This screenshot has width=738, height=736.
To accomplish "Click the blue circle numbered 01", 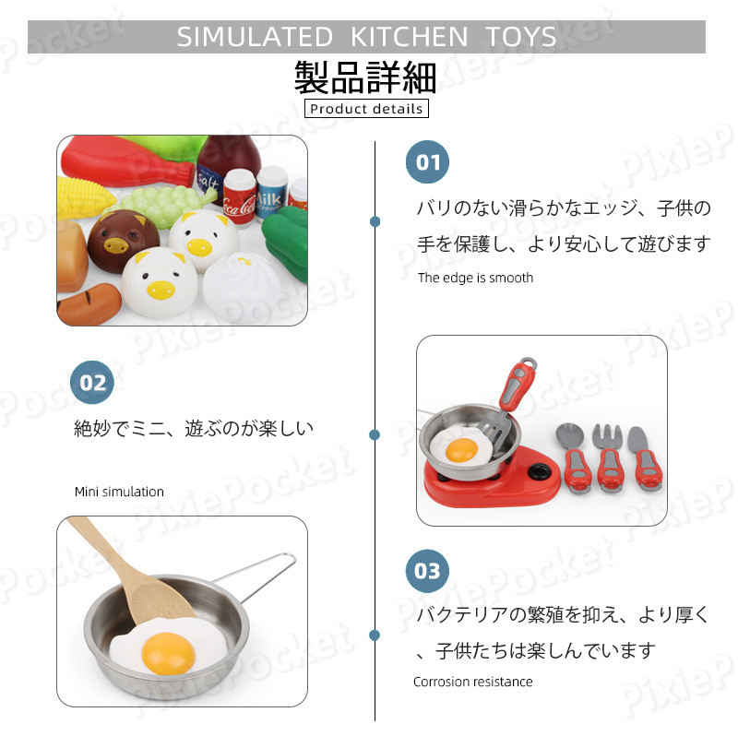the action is [427, 162].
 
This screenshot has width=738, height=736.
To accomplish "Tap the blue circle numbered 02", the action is [92, 382].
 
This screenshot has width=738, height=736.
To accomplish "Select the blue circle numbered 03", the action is [427, 571].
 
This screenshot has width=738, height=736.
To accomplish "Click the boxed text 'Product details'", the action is [366, 109].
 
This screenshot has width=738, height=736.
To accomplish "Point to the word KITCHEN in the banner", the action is [409, 37].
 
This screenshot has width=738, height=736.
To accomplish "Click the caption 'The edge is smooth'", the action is [475, 278].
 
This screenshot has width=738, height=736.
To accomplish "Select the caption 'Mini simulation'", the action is [119, 492].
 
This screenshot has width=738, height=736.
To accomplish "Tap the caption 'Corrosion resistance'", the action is [473, 682].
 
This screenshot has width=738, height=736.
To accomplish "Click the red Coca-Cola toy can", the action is [239, 197].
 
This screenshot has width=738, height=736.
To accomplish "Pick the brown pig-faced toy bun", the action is [124, 240].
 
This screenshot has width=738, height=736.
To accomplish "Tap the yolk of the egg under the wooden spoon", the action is [168, 653].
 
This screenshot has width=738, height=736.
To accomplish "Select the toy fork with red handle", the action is [609, 457].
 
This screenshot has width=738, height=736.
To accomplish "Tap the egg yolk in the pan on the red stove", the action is [461, 450].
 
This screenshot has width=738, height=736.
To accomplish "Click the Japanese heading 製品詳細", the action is [365, 77].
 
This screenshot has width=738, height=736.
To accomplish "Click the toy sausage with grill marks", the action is [89, 303].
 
